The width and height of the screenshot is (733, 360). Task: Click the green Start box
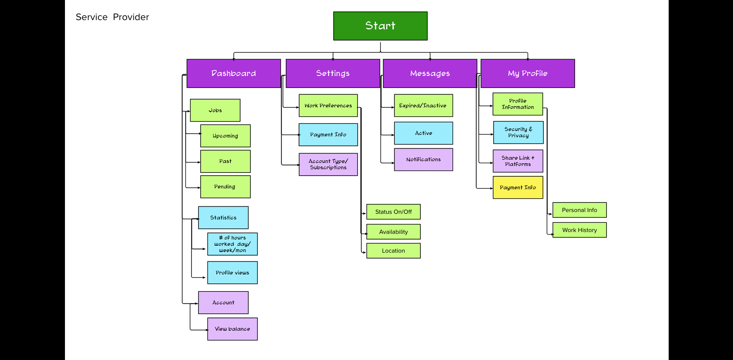(380, 26)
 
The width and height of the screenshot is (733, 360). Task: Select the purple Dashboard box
(234, 73)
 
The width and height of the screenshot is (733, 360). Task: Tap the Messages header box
(430, 73)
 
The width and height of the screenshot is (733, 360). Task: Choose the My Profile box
(527, 73)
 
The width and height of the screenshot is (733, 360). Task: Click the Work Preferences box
(328, 105)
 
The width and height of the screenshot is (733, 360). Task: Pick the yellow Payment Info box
(517, 187)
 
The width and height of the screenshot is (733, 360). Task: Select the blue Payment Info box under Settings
(328, 135)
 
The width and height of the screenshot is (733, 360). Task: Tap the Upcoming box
(225, 136)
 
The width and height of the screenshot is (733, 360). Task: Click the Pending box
(225, 187)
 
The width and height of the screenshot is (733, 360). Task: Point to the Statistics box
(223, 218)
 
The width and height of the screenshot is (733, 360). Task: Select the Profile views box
(232, 272)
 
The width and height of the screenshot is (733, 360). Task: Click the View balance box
(232, 329)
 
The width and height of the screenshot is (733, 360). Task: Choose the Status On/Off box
(393, 212)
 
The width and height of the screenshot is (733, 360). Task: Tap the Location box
(393, 251)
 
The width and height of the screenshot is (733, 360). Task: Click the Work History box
(579, 230)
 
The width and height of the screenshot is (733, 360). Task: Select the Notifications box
(423, 160)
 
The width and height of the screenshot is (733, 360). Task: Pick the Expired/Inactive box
(423, 105)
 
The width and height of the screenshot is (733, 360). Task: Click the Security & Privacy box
(518, 132)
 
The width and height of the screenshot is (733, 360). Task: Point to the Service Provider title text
(112, 17)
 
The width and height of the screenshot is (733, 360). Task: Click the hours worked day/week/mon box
(232, 244)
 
